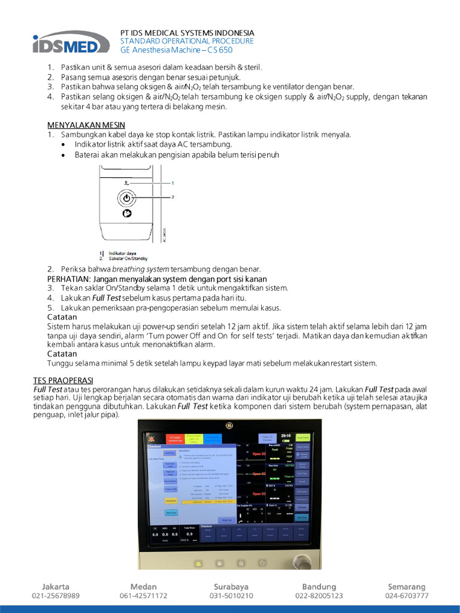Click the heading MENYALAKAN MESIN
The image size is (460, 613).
click(86, 125)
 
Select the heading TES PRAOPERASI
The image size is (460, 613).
click(63, 381)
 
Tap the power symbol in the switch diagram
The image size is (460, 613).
click(126, 198)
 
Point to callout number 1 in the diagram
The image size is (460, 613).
click(172, 182)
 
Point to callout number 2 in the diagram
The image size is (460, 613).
click(172, 196)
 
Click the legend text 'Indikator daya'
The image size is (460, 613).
click(122, 253)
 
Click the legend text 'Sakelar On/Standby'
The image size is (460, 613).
click(128, 258)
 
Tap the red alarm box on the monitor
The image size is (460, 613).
click(174, 441)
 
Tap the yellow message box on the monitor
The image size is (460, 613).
click(194, 440)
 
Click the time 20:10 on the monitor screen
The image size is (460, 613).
click(285, 436)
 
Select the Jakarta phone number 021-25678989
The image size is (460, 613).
click(56, 596)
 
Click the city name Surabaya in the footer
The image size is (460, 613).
click(231, 587)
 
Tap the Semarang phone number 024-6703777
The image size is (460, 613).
click(407, 596)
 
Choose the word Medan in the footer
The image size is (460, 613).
click(143, 587)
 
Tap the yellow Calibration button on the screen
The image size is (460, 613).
click(171, 500)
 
